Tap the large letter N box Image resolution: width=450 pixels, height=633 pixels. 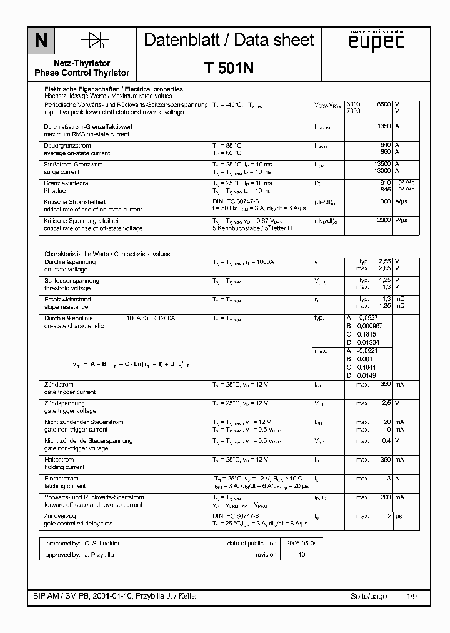[x=41, y=41]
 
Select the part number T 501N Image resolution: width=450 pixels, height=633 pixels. [x=229, y=69]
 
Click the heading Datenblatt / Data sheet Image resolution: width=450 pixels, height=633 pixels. [x=229, y=40]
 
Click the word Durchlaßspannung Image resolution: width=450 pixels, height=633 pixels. [x=69, y=261]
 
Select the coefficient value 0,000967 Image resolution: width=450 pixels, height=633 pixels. [x=369, y=327]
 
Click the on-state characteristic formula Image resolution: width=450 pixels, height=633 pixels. [x=132, y=364]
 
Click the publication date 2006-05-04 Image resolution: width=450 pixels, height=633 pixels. [x=301, y=544]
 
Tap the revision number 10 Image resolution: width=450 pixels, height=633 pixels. [x=301, y=555]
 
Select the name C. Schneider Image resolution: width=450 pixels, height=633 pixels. [x=103, y=544]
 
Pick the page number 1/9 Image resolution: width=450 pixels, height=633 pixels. [x=411, y=596]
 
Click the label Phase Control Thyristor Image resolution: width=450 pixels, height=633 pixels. [x=82, y=73]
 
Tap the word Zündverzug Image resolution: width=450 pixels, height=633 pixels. [x=60, y=516]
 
